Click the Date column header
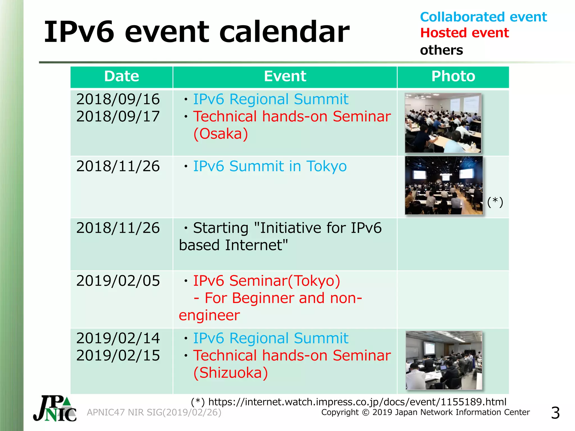122,76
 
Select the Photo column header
453,76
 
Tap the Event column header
285,76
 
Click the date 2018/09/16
118,99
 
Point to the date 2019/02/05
118,281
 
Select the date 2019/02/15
118,356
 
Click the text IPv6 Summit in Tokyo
270,166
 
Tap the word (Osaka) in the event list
221,134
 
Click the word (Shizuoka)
231,373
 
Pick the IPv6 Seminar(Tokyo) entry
266,281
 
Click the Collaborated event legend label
483,17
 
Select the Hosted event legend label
464,33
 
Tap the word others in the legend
441,51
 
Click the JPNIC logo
55,409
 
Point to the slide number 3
555,413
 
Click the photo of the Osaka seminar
443,123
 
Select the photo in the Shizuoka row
444,360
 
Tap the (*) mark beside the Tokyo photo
495,202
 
